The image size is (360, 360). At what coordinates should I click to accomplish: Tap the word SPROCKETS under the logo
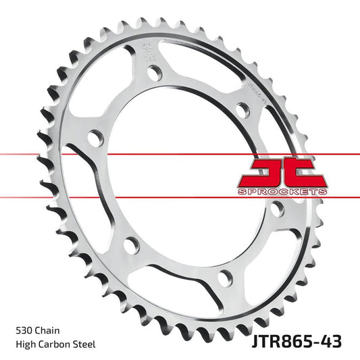[282, 192]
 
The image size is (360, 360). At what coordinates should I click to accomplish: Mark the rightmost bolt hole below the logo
[275, 210]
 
